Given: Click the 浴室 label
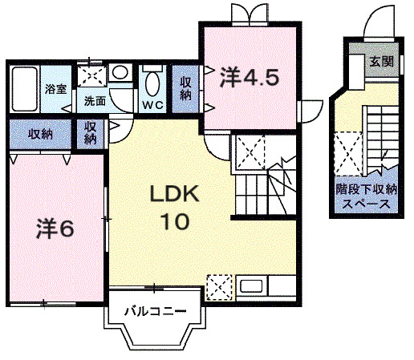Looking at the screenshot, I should (55, 88).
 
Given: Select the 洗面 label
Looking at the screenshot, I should (95, 101).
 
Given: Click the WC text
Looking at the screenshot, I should (152, 104).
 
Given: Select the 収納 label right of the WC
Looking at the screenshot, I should (185, 88).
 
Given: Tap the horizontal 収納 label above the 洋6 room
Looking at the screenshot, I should (41, 133).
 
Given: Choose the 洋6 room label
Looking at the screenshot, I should (55, 228).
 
